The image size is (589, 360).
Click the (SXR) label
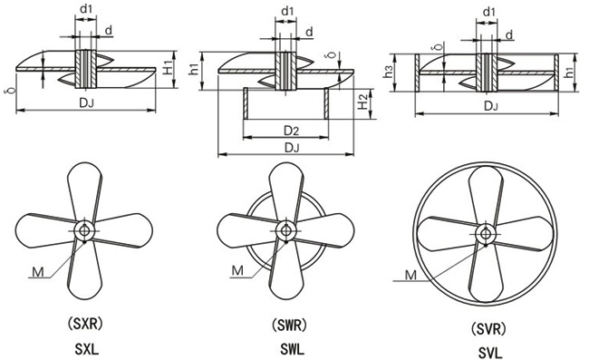[86, 324]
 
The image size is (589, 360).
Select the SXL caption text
[86, 349]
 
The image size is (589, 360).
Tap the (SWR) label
[289, 325]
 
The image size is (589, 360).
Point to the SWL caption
[292, 349]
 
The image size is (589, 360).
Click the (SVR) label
[488, 329]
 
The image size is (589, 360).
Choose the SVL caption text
[490, 354]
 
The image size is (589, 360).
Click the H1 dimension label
[169, 67]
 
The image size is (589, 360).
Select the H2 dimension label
[363, 102]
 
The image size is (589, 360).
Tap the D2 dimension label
[291, 131]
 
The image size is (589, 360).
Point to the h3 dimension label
[390, 72]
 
